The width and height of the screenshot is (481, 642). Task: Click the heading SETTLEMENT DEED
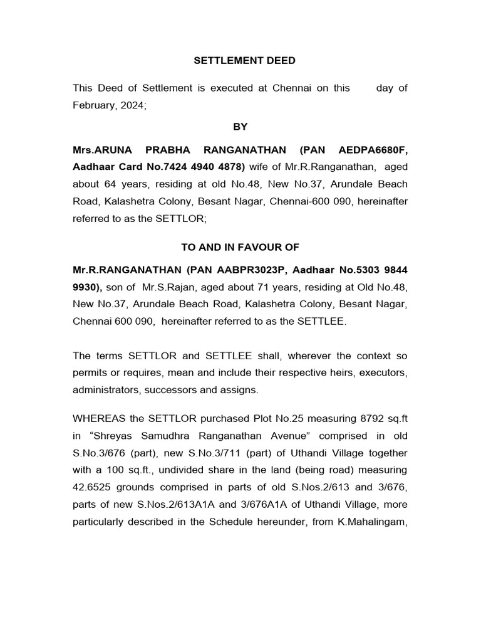pyautogui.click(x=244, y=61)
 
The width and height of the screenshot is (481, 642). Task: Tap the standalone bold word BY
pyautogui.click(x=240, y=127)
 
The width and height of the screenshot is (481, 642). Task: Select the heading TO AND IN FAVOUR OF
pyautogui.click(x=240, y=247)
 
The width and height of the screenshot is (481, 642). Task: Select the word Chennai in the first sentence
pyautogui.click(x=291, y=88)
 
